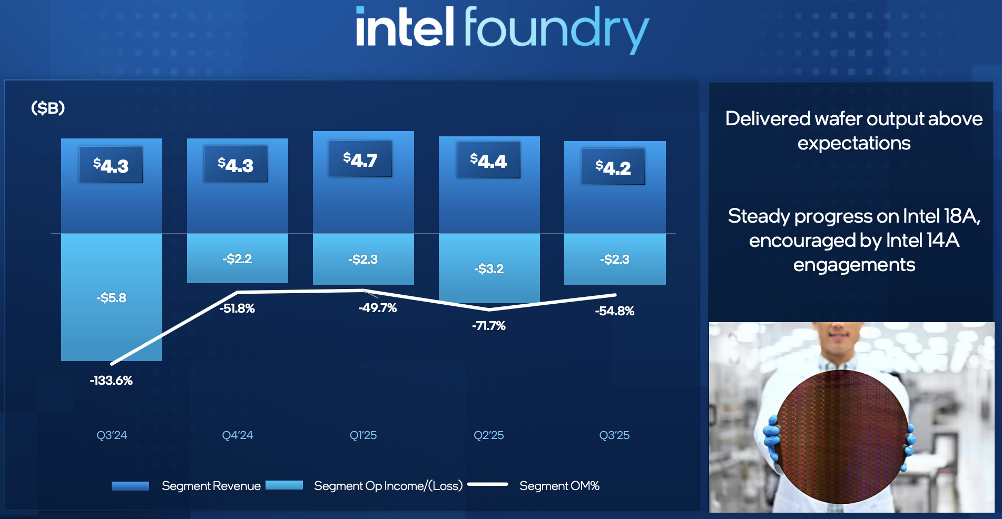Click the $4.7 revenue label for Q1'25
pyautogui.click(x=360, y=159)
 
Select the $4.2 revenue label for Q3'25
pyautogui.click(x=613, y=167)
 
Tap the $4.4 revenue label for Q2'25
pyautogui.click(x=488, y=160)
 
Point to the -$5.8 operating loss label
pyautogui.click(x=111, y=298)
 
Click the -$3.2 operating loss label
pyautogui.click(x=489, y=269)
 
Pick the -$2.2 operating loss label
pyautogui.click(x=237, y=259)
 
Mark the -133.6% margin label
pyautogui.click(x=111, y=381)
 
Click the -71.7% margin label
pyautogui.click(x=488, y=326)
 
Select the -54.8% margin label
pyautogui.click(x=614, y=311)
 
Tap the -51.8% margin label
pyautogui.click(x=237, y=308)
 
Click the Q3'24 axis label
pyautogui.click(x=112, y=435)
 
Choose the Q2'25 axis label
pyautogui.click(x=488, y=435)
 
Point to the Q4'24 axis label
pyautogui.click(x=237, y=435)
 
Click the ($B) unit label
pyautogui.click(x=48, y=108)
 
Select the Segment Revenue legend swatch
pyautogui.click(x=130, y=486)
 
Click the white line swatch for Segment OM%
pyautogui.click(x=488, y=484)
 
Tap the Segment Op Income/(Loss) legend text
pyautogui.click(x=388, y=486)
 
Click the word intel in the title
pyautogui.click(x=405, y=27)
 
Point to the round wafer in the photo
pyautogui.click(x=841, y=436)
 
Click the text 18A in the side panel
pyautogui.click(x=960, y=216)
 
